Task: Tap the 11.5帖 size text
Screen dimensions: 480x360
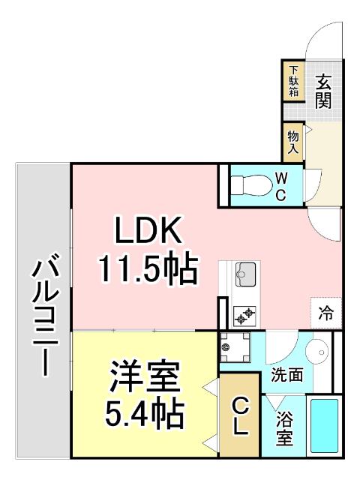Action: pos(148,268)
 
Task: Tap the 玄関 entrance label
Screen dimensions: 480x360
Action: pos(323,91)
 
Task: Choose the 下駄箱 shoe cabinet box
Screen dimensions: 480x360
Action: pos(293,82)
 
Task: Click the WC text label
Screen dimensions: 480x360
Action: pos(279,186)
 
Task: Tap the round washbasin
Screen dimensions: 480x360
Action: pos(322,352)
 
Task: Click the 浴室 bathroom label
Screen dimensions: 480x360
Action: pos(284,430)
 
